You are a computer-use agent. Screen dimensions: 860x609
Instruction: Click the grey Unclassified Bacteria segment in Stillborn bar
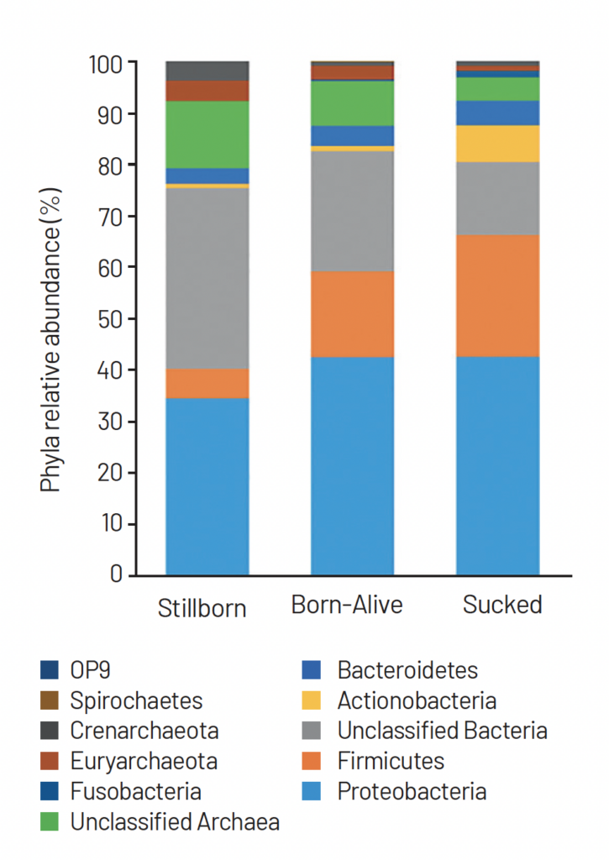click(x=207, y=278)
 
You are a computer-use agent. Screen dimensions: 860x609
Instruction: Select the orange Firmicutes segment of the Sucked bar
click(x=497, y=296)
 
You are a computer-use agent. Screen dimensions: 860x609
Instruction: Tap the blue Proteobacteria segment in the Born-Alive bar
click(x=352, y=465)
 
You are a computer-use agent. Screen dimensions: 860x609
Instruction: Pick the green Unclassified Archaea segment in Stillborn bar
click(x=207, y=134)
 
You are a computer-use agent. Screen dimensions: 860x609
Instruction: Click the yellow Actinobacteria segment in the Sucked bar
click(x=497, y=144)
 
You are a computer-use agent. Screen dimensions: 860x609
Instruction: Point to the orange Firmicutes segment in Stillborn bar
click(x=207, y=383)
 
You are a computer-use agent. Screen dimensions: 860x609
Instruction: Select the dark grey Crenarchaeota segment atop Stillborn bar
click(x=207, y=71)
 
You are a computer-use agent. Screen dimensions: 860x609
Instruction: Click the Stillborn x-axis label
click(x=202, y=608)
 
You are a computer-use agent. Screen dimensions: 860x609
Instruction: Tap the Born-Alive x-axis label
click(x=347, y=605)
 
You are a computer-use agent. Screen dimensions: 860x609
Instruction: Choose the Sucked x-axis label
click(x=502, y=605)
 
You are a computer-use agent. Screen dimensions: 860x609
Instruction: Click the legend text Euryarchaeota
click(x=144, y=761)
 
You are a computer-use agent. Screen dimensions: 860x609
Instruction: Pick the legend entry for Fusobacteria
click(x=135, y=791)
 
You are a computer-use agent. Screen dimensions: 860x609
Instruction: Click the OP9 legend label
click(x=90, y=670)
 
